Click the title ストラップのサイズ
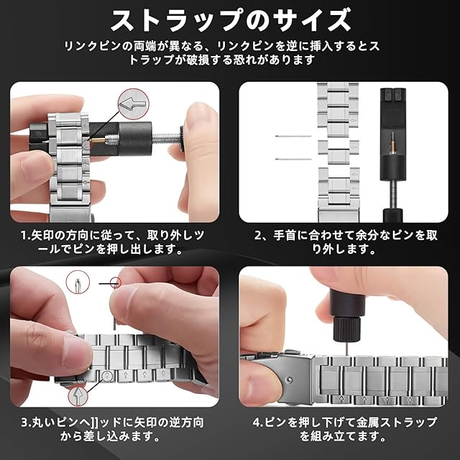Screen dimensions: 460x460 click(x=231, y=20)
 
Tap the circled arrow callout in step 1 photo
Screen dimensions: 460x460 click(x=133, y=103)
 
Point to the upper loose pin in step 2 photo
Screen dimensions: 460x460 click(x=293, y=136)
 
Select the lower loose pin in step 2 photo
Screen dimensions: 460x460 click(x=293, y=160)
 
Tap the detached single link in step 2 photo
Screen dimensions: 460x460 click(x=339, y=152)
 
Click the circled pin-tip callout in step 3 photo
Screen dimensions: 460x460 click(x=78, y=282)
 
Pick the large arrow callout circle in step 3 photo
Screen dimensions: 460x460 click(x=78, y=396)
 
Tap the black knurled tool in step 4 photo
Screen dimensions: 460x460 click(x=347, y=317)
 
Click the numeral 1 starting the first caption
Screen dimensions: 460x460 click(x=24, y=236)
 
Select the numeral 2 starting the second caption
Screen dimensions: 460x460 click(x=258, y=236)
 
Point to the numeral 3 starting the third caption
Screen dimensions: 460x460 click(x=25, y=423)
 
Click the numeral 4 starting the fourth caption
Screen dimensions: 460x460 click(x=257, y=423)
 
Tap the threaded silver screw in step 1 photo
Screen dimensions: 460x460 click(x=165, y=137)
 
